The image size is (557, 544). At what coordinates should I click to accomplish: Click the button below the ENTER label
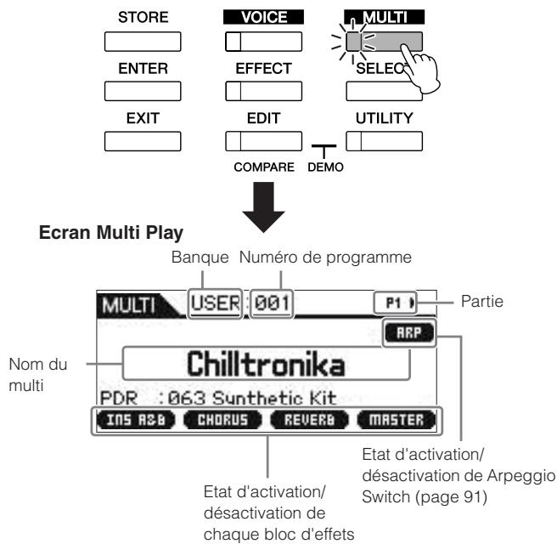point(143,92)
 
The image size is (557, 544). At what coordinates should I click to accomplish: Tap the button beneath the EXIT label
point(143,141)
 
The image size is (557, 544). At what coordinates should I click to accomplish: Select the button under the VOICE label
point(263,42)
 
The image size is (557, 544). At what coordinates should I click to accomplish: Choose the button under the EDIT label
point(263,141)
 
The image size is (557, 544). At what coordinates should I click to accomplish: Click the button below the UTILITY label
point(385,141)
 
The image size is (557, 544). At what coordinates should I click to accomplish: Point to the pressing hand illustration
point(421,70)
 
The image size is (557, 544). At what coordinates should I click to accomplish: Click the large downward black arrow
point(263,207)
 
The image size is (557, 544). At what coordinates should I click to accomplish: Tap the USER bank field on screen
point(216,303)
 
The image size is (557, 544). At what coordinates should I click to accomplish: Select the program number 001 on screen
point(272,303)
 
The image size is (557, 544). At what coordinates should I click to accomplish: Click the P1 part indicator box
point(395,303)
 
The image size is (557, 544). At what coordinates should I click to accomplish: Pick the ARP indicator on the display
point(409,333)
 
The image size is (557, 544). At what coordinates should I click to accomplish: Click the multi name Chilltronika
point(266,364)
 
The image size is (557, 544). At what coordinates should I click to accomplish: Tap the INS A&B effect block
point(136,420)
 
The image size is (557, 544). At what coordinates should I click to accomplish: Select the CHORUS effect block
point(222,420)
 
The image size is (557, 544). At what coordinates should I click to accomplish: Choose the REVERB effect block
point(309,420)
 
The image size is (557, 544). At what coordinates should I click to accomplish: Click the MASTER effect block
point(397,420)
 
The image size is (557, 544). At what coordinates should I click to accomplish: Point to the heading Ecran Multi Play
point(111,233)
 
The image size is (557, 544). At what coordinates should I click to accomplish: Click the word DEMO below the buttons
point(325,167)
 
